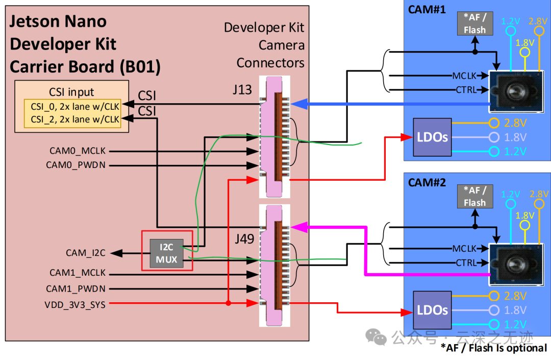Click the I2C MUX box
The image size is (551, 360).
(x=167, y=253)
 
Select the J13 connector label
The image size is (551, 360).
(x=242, y=89)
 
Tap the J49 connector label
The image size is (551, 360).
(x=244, y=238)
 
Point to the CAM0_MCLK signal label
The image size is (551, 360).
(x=78, y=151)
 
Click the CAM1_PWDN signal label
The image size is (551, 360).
(x=76, y=289)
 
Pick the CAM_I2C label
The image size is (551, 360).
(x=85, y=253)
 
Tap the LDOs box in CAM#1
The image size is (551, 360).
(x=432, y=137)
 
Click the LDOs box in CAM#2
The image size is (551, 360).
(x=432, y=310)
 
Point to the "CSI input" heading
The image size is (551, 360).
(x=71, y=92)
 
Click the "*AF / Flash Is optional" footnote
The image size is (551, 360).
(x=494, y=348)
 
